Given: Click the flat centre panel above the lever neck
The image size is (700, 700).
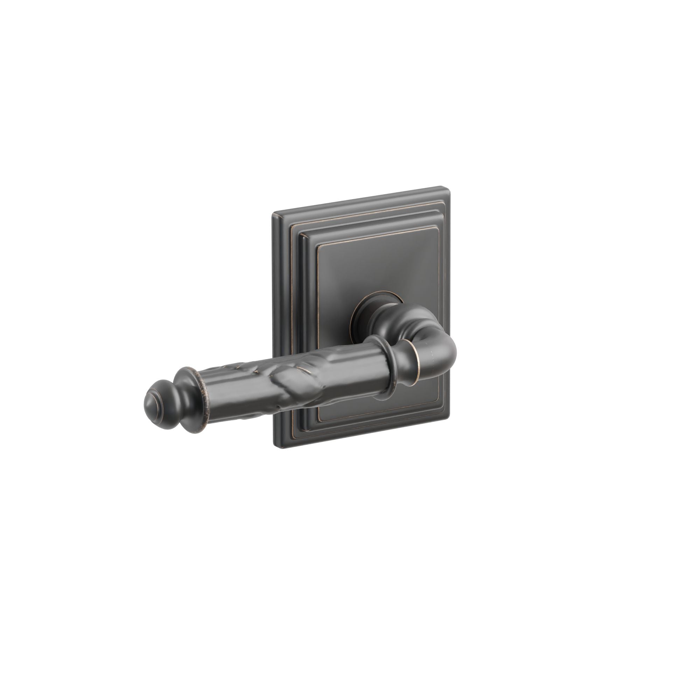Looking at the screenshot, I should coord(377,268).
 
